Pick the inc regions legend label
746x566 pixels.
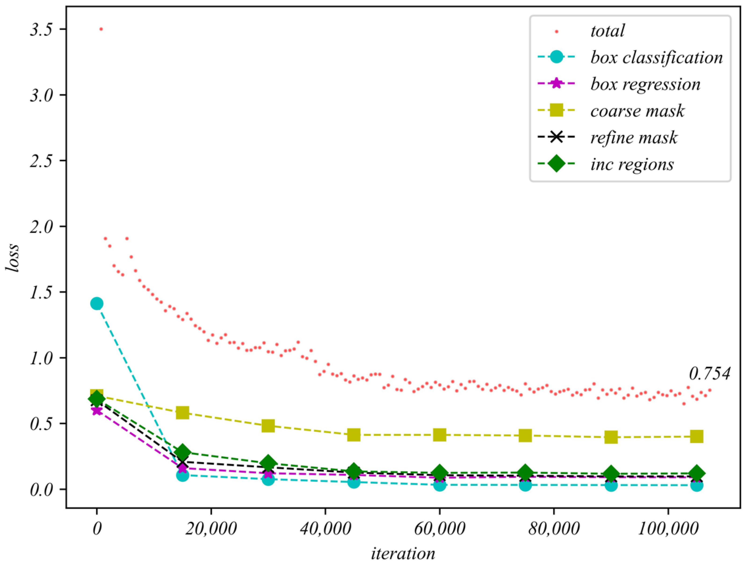[x=632, y=165]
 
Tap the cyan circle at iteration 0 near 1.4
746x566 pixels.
[x=96, y=303]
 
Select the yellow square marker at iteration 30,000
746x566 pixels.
[x=268, y=426]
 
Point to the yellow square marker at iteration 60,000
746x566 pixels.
[x=439, y=435]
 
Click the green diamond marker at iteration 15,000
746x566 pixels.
[x=182, y=452]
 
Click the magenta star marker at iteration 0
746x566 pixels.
[x=96, y=410]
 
